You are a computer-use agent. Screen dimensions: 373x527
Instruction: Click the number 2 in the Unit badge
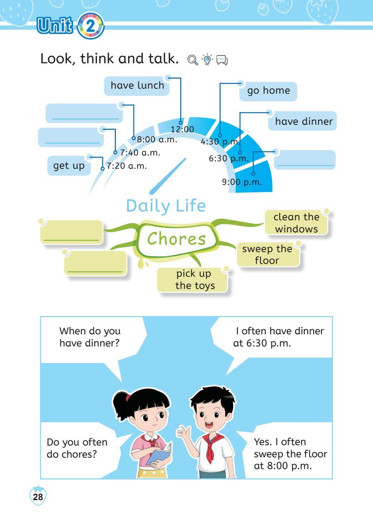pyautogui.click(x=90, y=26)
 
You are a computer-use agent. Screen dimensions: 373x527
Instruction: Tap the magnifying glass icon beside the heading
pyautogui.click(x=193, y=60)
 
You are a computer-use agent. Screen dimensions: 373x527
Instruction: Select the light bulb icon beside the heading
pyautogui.click(x=207, y=59)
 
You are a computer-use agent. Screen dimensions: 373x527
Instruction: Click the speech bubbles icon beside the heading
pyautogui.click(x=222, y=60)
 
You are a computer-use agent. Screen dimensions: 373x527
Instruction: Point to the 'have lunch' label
pyautogui.click(x=137, y=86)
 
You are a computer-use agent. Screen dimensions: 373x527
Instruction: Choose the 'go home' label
pyautogui.click(x=268, y=91)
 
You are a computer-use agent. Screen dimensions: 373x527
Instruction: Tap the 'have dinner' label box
pyautogui.click(x=303, y=121)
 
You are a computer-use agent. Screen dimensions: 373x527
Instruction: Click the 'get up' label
pyautogui.click(x=69, y=166)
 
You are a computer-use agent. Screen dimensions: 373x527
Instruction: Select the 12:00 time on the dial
pyautogui.click(x=182, y=129)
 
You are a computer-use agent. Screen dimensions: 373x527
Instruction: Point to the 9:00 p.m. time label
pyautogui.click(x=242, y=182)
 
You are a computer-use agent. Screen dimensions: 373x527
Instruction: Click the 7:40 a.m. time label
pyautogui.click(x=140, y=153)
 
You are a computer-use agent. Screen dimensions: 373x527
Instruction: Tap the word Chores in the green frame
pyautogui.click(x=177, y=239)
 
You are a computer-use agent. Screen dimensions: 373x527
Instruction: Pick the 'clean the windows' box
pyautogui.click(x=296, y=223)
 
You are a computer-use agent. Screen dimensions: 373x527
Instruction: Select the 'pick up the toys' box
pyautogui.click(x=192, y=280)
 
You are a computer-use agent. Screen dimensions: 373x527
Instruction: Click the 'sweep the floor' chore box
pyautogui.click(x=268, y=255)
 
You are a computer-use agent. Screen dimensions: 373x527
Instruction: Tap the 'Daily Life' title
pyautogui.click(x=166, y=206)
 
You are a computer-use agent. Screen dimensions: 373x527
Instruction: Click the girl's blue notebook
pyautogui.click(x=159, y=454)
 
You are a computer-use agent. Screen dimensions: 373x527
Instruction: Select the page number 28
pyautogui.click(x=38, y=497)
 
